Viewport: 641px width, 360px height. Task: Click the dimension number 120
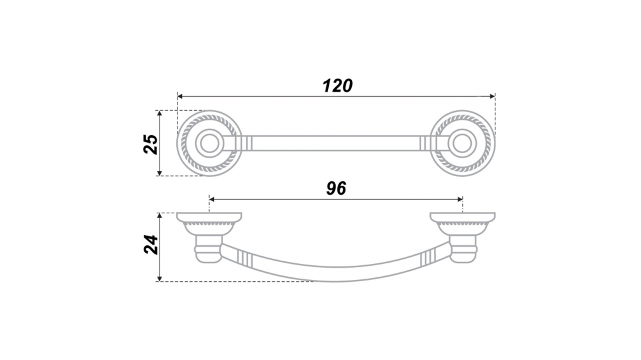pos(337,86)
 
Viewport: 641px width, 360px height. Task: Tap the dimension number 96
pos(336,188)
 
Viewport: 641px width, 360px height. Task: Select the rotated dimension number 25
pos(151,144)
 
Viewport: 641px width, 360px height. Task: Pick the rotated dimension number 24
pos(151,244)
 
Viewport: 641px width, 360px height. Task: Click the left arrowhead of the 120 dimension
pos(180,97)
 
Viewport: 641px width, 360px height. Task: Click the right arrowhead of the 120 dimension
pos(492,97)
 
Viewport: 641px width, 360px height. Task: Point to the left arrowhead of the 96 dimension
pos(212,199)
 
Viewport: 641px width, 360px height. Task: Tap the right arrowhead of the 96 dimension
pos(460,199)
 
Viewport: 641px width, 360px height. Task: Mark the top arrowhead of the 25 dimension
pos(160,113)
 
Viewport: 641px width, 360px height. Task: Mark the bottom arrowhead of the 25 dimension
pos(160,173)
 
